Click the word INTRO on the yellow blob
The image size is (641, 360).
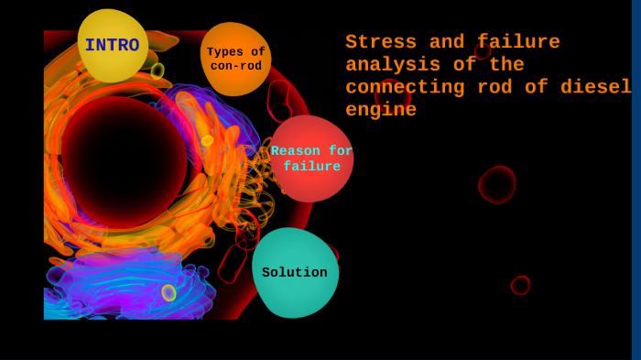pos(112,46)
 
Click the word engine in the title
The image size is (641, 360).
pos(381,110)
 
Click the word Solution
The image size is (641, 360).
pos(295,273)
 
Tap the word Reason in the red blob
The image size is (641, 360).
pos(295,151)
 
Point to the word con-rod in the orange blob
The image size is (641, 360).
pos(236,66)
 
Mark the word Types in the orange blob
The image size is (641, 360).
pos(225,52)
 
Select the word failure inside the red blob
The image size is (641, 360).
pos(311,167)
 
